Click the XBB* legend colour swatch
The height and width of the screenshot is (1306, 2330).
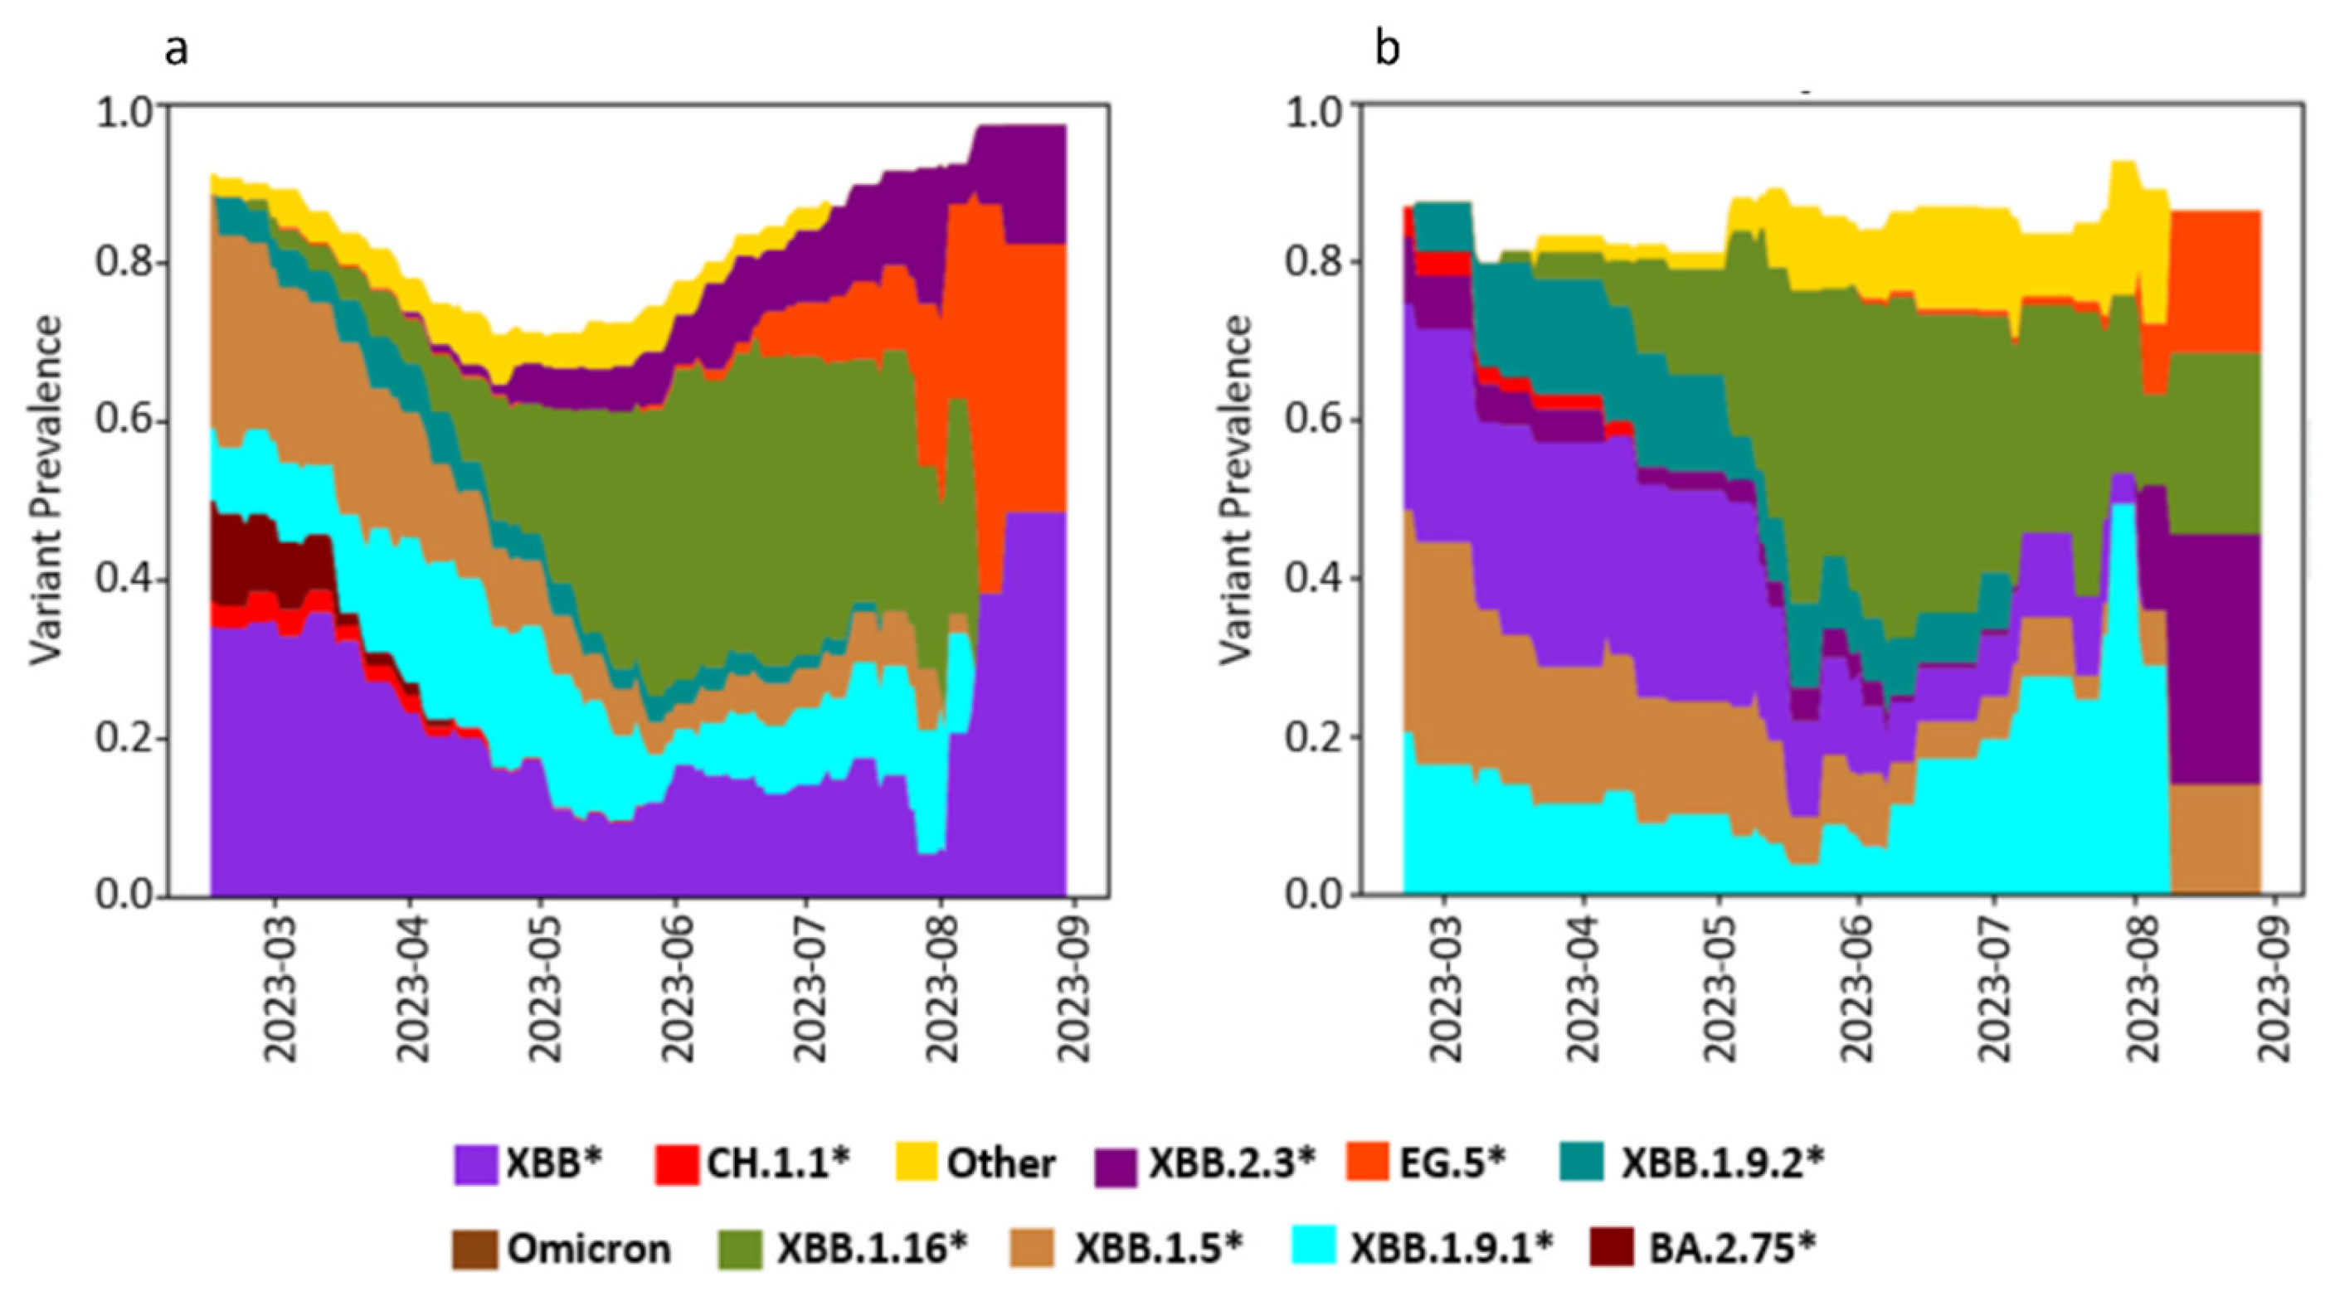[474, 1165]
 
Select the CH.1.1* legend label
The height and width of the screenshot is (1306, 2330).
[779, 1164]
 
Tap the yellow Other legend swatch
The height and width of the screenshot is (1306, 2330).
[917, 1165]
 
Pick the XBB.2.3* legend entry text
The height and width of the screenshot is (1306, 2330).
[1231, 1164]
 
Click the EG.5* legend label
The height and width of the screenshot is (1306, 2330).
[1452, 1164]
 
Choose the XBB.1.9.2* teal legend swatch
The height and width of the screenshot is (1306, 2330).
[1582, 1165]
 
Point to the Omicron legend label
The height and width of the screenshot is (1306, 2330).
[589, 1249]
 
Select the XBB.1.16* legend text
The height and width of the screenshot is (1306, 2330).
[872, 1249]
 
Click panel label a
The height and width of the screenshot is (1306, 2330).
[177, 51]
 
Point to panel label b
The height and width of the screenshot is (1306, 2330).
[1387, 47]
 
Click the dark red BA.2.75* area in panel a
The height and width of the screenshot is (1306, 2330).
[271, 551]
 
